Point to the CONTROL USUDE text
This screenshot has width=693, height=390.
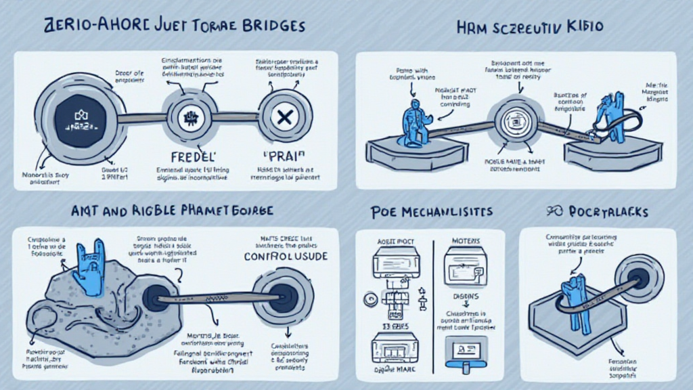[x=287, y=257]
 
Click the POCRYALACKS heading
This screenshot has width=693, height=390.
[x=598, y=212]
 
